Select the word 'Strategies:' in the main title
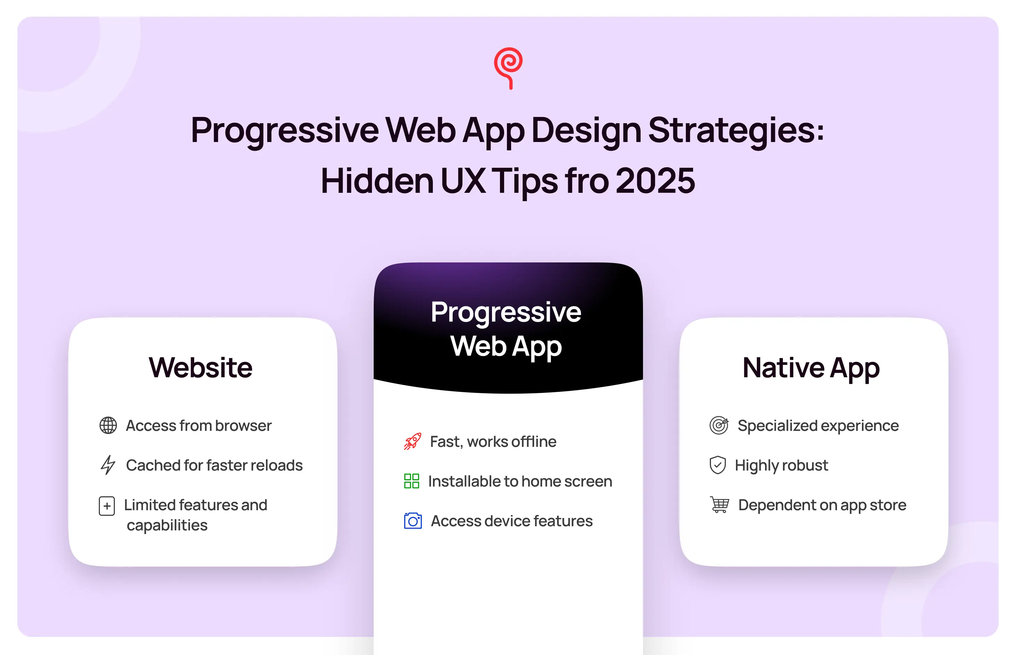[x=736, y=131]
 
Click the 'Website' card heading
[x=201, y=368]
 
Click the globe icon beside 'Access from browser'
[x=108, y=425]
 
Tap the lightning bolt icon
[x=108, y=465]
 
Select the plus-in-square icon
[x=107, y=506]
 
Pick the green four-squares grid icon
[x=412, y=481]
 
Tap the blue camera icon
[x=413, y=521]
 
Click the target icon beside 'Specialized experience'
[x=719, y=425]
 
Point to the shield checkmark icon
[x=717, y=465]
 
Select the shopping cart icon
[x=719, y=505]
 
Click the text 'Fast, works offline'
[x=493, y=442]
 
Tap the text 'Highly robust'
[x=781, y=466]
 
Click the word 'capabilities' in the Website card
[x=167, y=526]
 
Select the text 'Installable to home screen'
[x=520, y=481]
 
